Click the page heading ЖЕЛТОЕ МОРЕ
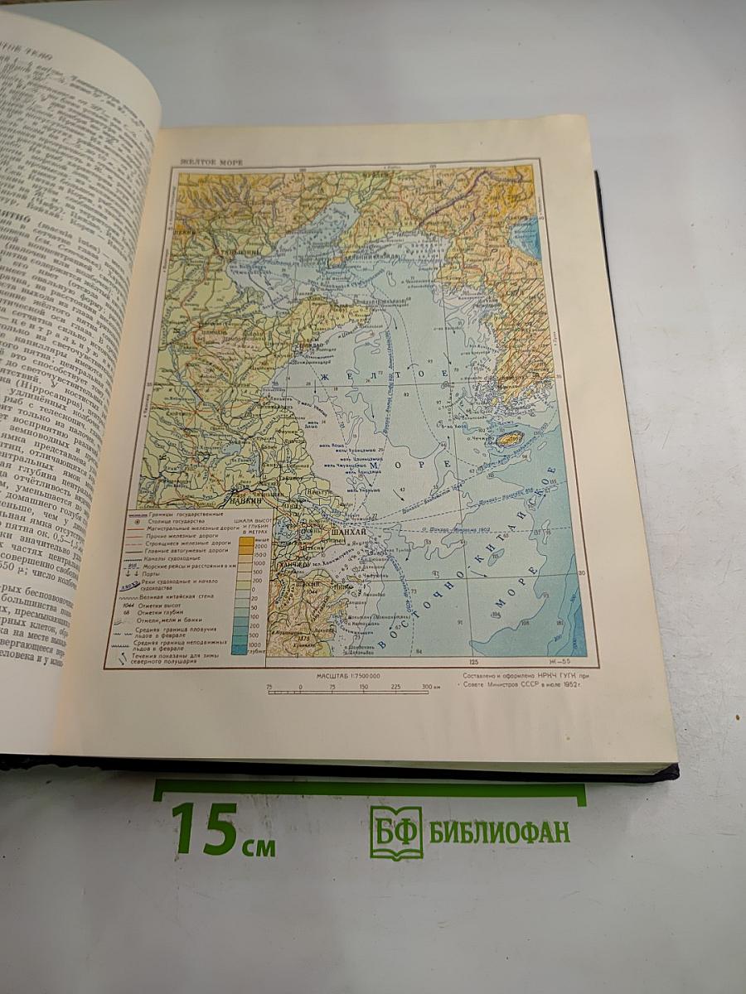(213, 162)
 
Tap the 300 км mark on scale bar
(429, 688)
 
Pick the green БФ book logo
(395, 832)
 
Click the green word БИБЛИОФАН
(499, 832)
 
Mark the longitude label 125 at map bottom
(474, 663)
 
